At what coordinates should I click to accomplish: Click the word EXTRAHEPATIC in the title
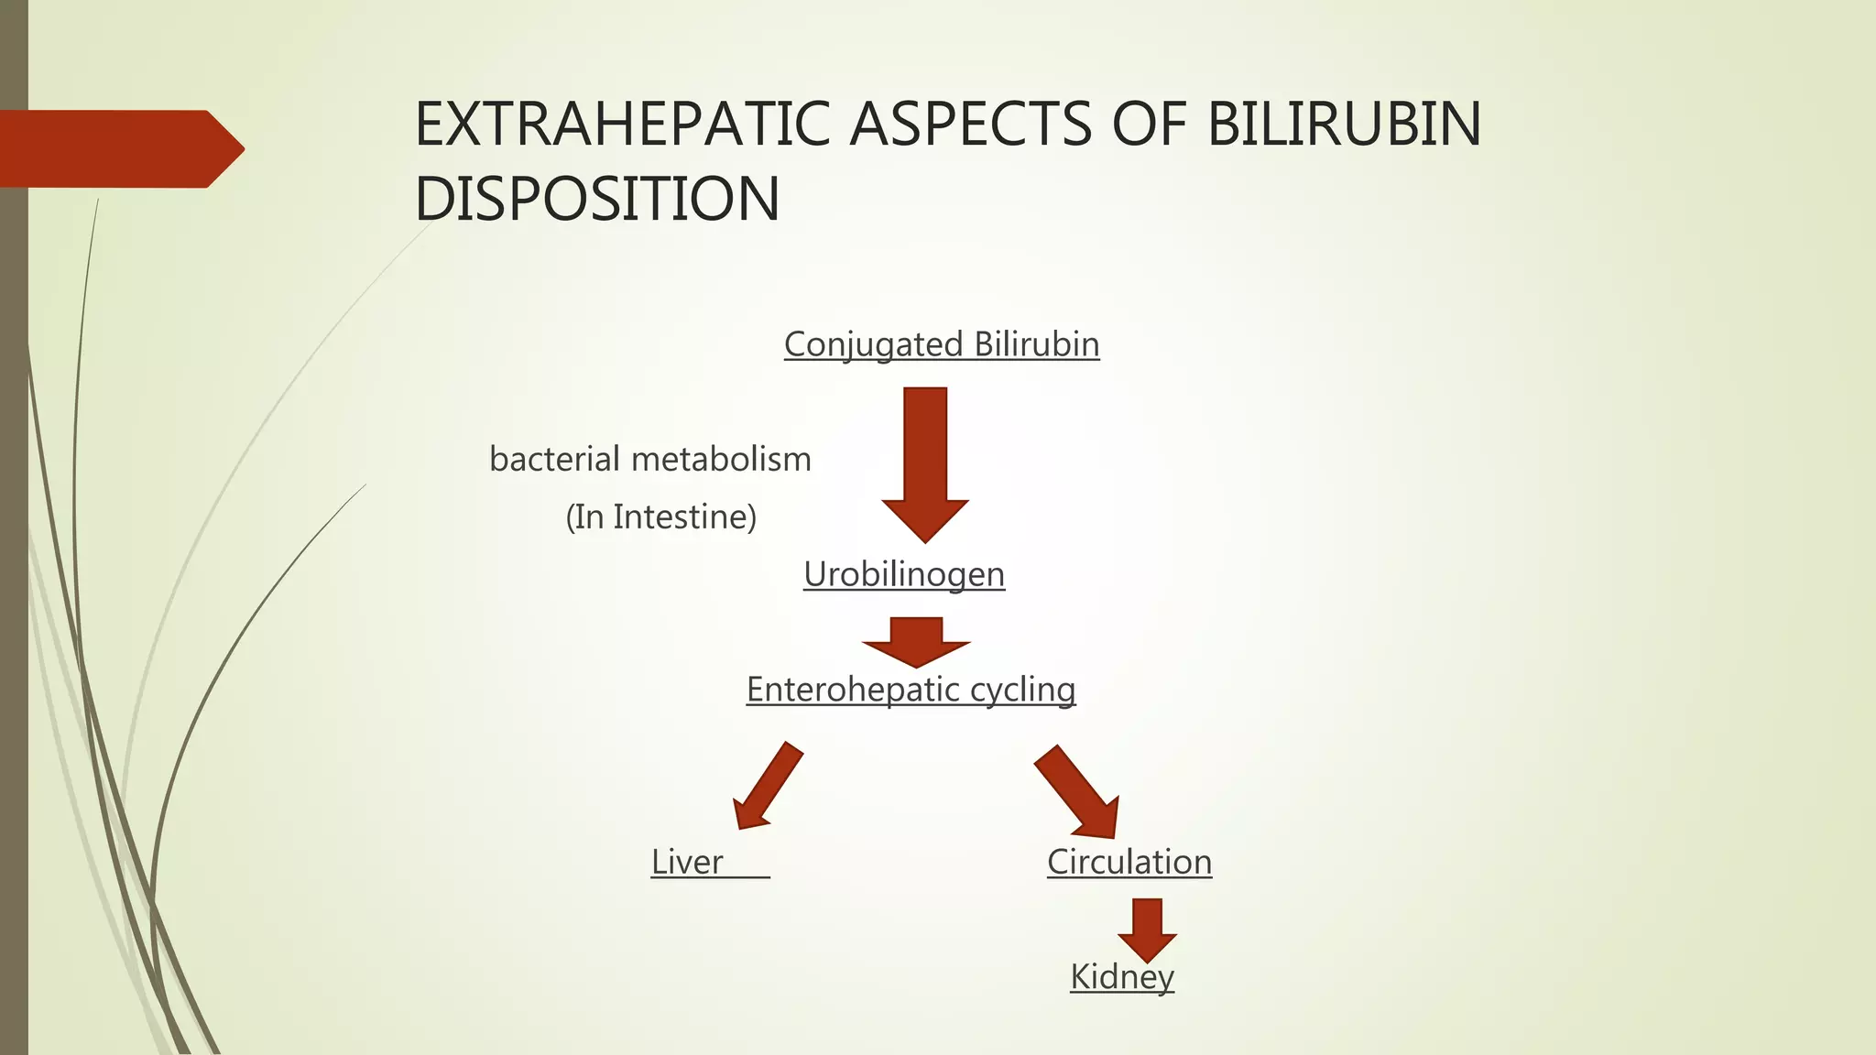pyautogui.click(x=623, y=125)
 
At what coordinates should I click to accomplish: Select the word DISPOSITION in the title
pyautogui.click(x=597, y=199)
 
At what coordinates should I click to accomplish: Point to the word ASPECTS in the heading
pyautogui.click(x=971, y=125)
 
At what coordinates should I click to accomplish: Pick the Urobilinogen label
pyautogui.click(x=904, y=575)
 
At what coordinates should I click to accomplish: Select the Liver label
pyautogui.click(x=687, y=862)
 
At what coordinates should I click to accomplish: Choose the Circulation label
pyautogui.click(x=1129, y=862)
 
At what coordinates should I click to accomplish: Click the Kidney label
pyautogui.click(x=1122, y=976)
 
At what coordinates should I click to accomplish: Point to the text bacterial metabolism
pyautogui.click(x=650, y=459)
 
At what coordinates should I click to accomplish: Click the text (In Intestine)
pyautogui.click(x=660, y=517)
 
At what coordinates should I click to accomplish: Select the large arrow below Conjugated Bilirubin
pyautogui.click(x=925, y=462)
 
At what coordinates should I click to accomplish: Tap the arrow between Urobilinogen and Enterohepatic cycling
pyautogui.click(x=916, y=641)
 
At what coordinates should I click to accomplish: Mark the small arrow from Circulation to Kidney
pyautogui.click(x=1147, y=929)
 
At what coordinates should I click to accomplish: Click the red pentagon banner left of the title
pyautogui.click(x=119, y=148)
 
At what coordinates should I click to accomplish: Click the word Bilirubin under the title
pyautogui.click(x=1037, y=345)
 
